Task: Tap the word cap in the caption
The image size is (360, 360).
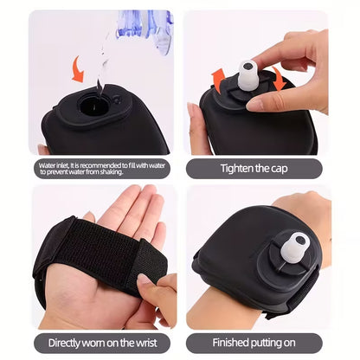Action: pos(298,169)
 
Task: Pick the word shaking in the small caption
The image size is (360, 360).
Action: pos(138,173)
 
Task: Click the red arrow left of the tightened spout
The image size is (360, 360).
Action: pos(219,80)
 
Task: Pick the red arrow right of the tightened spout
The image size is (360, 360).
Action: pos(280,76)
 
